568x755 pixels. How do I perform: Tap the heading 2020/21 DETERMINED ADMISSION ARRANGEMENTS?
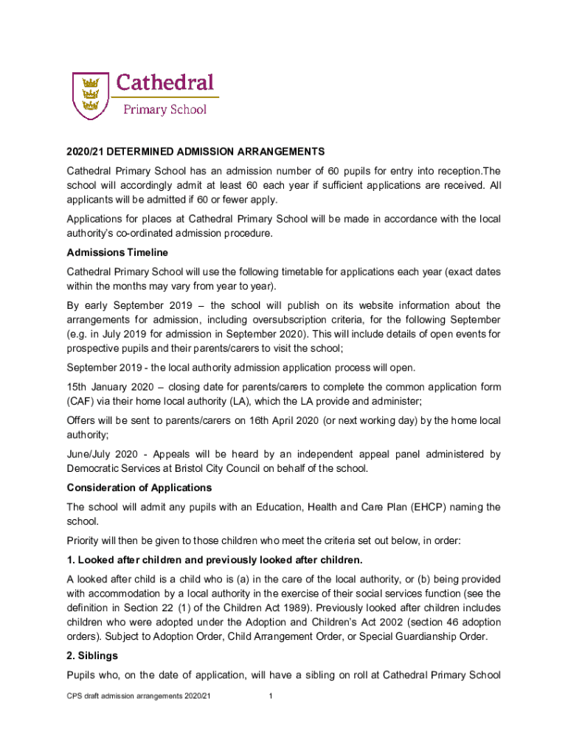[x=195, y=152]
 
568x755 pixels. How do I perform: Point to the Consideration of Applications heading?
[x=139, y=487]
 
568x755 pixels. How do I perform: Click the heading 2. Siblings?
[x=92, y=655]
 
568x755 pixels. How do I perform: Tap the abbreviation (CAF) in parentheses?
[x=81, y=401]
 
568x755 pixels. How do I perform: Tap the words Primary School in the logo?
[x=164, y=109]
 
